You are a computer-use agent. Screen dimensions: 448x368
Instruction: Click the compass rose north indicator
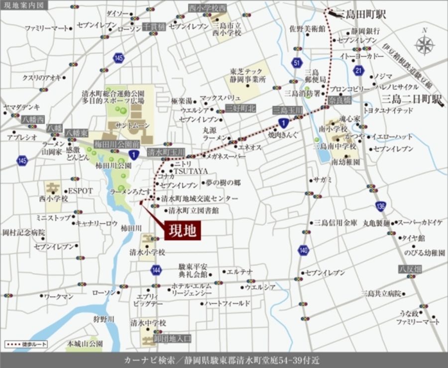(424, 45)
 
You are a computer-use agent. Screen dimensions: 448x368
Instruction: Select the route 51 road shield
(297, 63)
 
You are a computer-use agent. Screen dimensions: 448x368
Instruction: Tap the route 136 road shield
(381, 206)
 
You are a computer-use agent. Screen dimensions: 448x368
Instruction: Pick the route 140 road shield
(303, 250)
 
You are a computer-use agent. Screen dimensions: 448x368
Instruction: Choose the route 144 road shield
(156, 270)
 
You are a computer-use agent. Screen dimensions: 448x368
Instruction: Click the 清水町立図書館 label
(194, 210)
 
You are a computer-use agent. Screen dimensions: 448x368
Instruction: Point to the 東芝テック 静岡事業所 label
(248, 75)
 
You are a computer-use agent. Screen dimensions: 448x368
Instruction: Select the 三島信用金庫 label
(336, 223)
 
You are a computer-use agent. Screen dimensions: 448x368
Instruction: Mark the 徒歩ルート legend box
(20, 344)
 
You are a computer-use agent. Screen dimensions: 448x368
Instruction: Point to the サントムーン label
(132, 125)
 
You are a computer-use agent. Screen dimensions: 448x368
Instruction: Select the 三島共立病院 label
(381, 293)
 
